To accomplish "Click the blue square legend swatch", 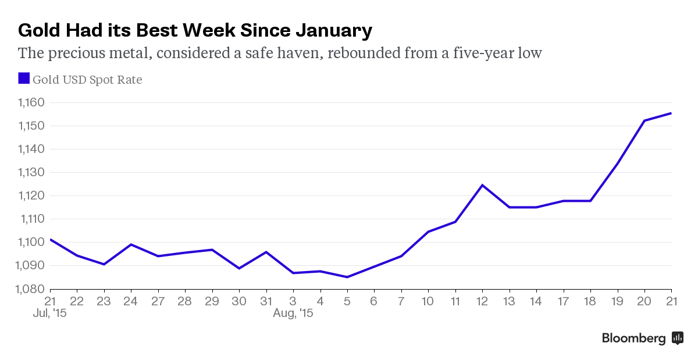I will click(x=24, y=79).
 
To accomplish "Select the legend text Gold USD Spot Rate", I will click(x=87, y=80).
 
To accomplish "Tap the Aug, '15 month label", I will click(x=293, y=313).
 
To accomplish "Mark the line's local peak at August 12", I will click(x=482, y=185).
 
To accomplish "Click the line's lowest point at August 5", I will click(x=347, y=277).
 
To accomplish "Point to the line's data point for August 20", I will click(x=644, y=120).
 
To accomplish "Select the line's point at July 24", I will click(x=131, y=244).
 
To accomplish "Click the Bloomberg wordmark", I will click(x=633, y=338).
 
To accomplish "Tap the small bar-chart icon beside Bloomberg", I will click(x=678, y=338).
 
